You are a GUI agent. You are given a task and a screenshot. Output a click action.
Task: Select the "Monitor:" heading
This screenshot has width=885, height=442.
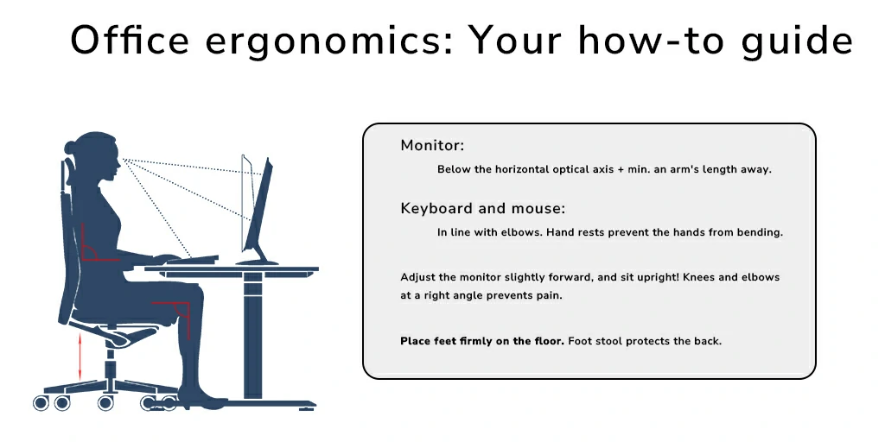click(x=432, y=145)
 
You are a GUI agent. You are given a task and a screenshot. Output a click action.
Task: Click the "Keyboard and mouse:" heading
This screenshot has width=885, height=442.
click(x=483, y=208)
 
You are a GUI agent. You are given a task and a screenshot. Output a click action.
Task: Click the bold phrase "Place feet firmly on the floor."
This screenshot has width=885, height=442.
click(x=482, y=341)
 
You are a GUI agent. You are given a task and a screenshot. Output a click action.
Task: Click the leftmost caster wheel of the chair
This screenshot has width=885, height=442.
click(x=41, y=402)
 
